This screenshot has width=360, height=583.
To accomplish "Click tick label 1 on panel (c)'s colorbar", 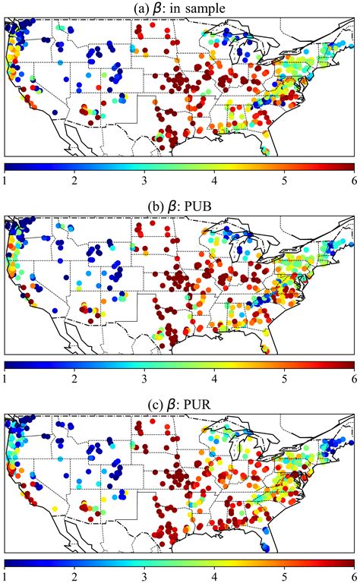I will pyautogui.click(x=5, y=575).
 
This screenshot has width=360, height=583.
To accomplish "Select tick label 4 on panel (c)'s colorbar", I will pyautogui.click(x=215, y=575).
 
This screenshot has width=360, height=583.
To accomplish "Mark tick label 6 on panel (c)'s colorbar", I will pyautogui.click(x=354, y=575).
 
